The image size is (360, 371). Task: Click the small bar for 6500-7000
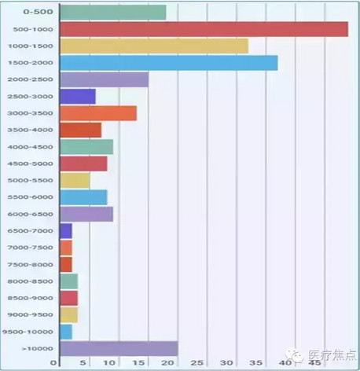click(x=66, y=230)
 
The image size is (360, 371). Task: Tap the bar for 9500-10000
click(x=66, y=332)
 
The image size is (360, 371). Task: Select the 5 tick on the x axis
click(x=82, y=363)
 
